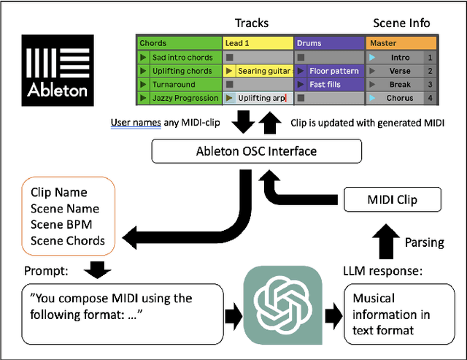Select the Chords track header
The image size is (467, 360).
pos(179,43)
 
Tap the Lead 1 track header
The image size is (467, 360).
pos(257,43)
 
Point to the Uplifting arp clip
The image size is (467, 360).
pos(257,98)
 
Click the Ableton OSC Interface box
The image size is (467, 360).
pos(255,152)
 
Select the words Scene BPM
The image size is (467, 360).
pos(62,225)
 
